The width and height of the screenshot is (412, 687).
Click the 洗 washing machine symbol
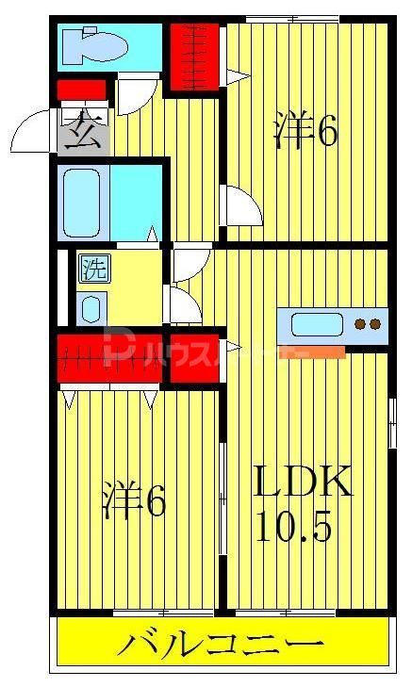tap(92, 269)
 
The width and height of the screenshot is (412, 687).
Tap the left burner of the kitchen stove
tap(360, 325)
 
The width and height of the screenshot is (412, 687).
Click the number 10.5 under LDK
tap(293, 526)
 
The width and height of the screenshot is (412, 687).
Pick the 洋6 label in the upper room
tap(305, 133)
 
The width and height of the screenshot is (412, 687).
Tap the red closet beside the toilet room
tap(193, 55)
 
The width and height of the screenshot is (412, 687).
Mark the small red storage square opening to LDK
tap(194, 356)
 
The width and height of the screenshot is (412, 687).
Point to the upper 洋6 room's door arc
tap(241, 205)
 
